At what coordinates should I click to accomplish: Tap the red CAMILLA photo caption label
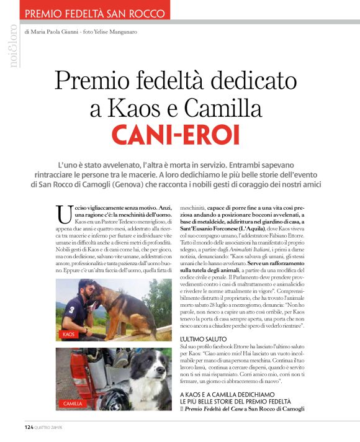pos(73,404)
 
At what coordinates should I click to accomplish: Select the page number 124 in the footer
pos(29,428)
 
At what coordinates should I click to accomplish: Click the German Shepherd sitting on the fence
pos(130,305)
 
